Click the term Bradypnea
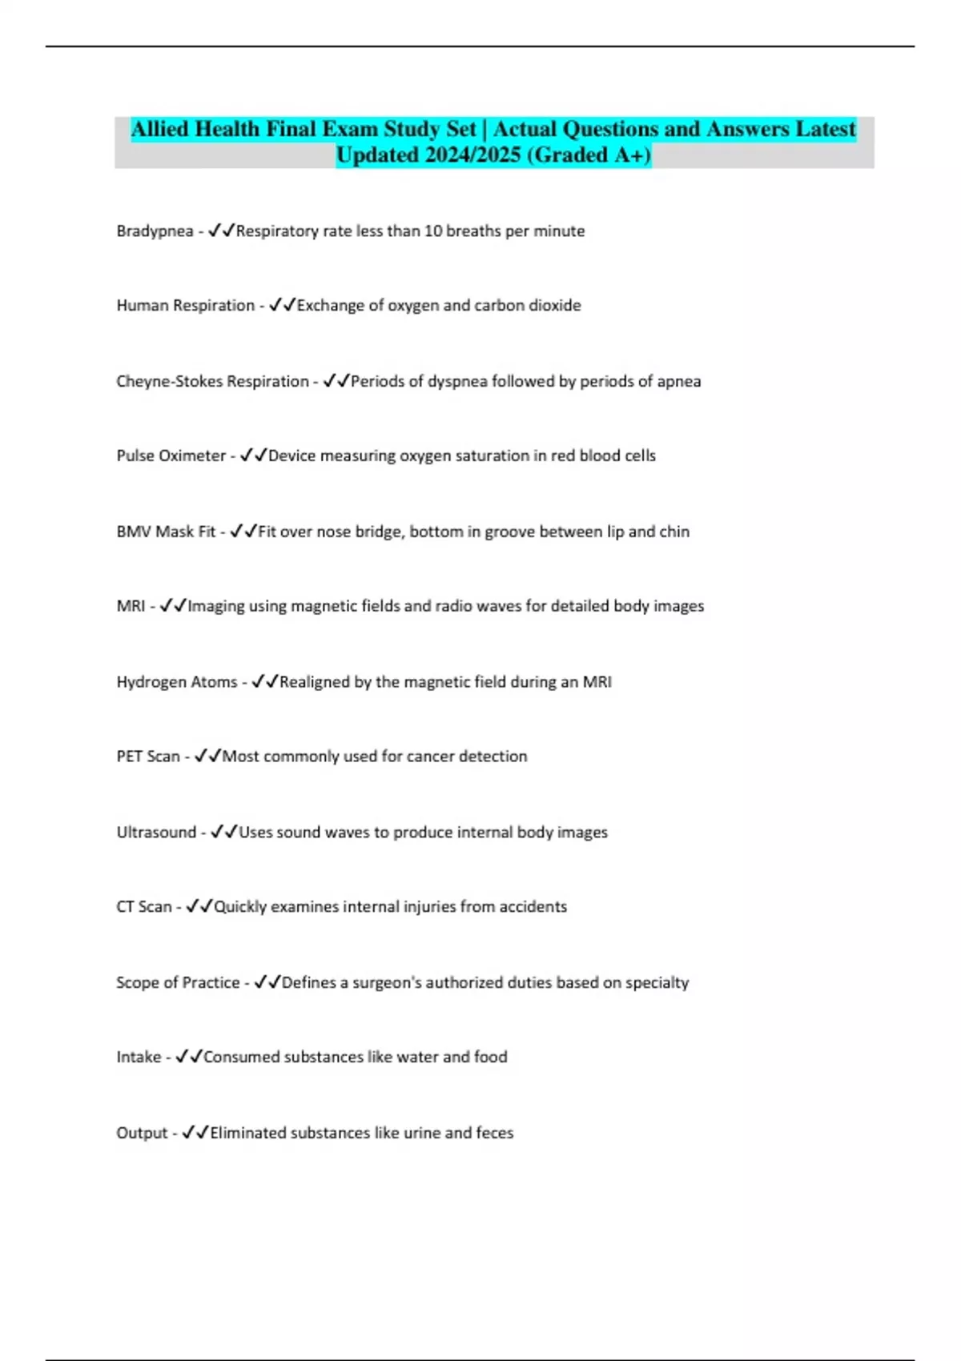[x=155, y=231]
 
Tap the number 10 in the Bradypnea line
[x=432, y=231]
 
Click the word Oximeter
[x=192, y=456]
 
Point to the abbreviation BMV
[x=134, y=532]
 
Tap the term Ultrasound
[x=156, y=833]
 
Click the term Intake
[x=139, y=1057]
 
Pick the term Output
[x=142, y=1133]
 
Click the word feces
[x=494, y=1133]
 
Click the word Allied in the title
[x=160, y=129]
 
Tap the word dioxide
[x=554, y=305]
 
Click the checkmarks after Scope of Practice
[x=267, y=982]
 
